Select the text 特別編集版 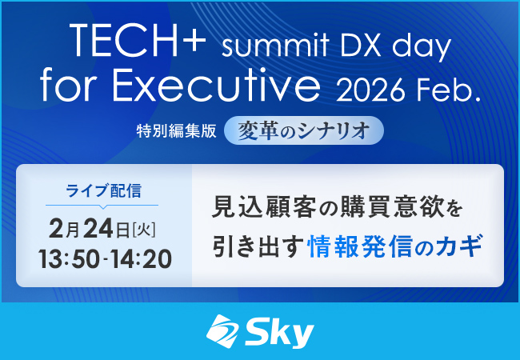pos(176,132)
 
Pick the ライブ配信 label pos(104,190)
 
